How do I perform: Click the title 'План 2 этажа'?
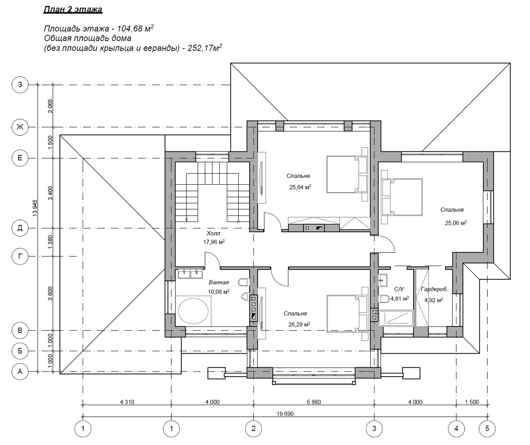coord(73,9)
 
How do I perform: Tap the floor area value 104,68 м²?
coord(135,28)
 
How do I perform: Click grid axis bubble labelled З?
coord(20,84)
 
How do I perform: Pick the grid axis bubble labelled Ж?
coord(20,127)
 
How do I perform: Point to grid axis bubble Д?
coord(20,228)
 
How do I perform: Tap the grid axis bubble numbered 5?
coord(487,429)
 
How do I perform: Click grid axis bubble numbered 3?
coord(374,429)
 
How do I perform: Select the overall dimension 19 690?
coord(285,414)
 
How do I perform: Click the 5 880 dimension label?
coord(314,402)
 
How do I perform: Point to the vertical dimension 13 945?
coord(35,208)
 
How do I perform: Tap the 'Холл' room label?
coord(213,233)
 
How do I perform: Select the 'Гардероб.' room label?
coord(434,289)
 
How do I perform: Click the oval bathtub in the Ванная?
coord(193,311)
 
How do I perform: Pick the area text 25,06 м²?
coord(456,223)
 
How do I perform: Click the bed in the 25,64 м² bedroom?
coord(347,175)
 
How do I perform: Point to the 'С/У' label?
coord(399,289)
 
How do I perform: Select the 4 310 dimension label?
coord(127,402)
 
